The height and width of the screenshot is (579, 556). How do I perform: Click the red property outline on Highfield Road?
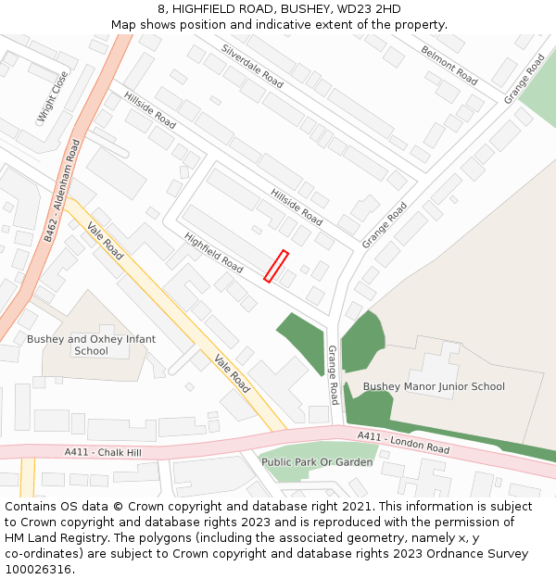276,266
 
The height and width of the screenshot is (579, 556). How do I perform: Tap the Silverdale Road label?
252,66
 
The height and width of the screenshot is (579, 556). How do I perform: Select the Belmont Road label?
449,65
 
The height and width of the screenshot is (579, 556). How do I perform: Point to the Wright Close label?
53,97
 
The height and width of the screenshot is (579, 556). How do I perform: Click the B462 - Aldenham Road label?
63,191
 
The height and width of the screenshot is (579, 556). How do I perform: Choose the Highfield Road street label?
214,253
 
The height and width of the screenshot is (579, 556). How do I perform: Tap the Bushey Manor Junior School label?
434,386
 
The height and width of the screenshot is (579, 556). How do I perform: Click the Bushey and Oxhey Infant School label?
91,345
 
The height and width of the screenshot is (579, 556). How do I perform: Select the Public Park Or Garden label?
317,461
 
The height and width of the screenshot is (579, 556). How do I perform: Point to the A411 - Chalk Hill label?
103,452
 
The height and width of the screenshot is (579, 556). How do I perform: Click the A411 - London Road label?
403,442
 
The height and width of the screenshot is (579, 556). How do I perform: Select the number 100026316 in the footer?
38,569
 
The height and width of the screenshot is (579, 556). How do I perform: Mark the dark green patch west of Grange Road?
301,340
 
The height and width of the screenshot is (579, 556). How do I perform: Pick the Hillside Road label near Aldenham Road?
149,110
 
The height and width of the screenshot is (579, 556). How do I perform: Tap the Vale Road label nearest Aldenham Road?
105,241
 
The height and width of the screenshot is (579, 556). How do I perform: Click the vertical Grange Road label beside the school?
334,374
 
